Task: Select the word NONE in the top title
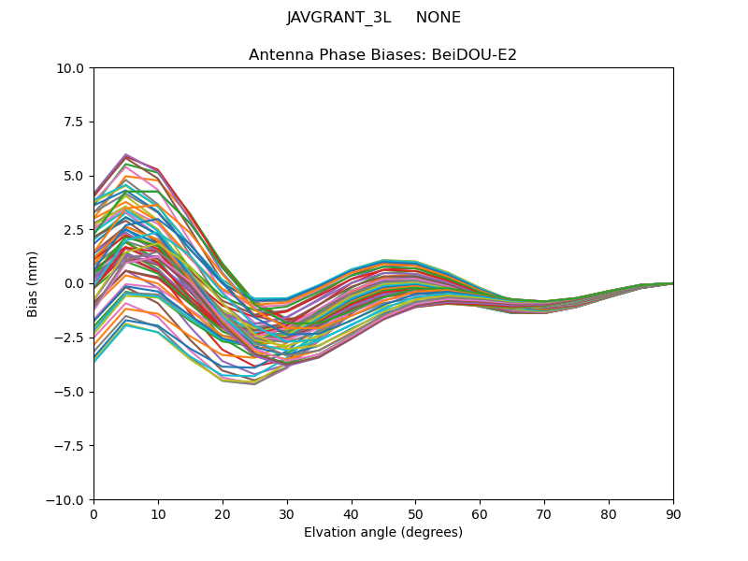click(x=438, y=18)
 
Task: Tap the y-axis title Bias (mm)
click(x=33, y=283)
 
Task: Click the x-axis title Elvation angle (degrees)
click(x=383, y=533)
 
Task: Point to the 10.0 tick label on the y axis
click(x=72, y=68)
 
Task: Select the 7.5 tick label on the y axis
click(x=75, y=122)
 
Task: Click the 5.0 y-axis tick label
click(x=75, y=176)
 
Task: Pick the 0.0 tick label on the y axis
click(x=75, y=283)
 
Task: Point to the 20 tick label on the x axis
click(x=223, y=513)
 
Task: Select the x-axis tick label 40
click(x=352, y=513)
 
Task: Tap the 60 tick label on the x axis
click(x=480, y=513)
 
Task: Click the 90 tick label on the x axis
click(x=673, y=513)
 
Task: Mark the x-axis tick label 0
click(x=93, y=513)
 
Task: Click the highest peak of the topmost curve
click(x=125, y=154)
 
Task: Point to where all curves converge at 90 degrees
click(x=672, y=282)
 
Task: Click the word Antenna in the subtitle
click(x=279, y=55)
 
